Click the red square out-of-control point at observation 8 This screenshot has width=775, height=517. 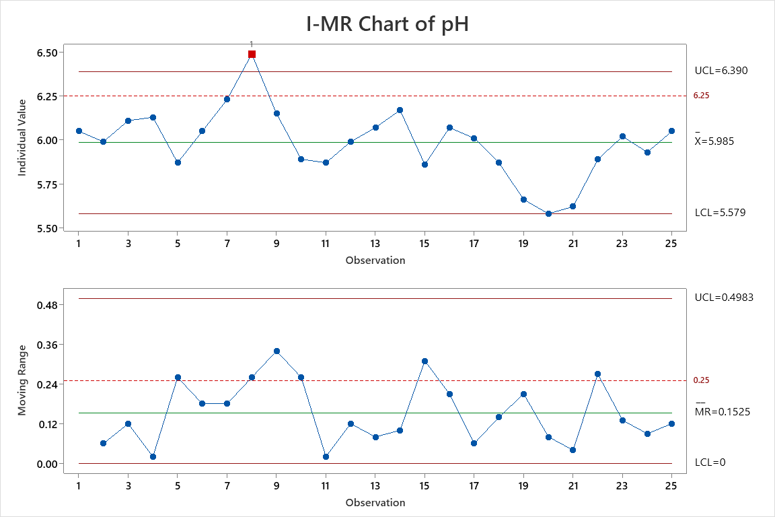click(x=252, y=54)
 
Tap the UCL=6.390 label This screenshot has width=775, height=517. click(x=721, y=70)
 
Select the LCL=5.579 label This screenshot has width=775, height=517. click(x=720, y=213)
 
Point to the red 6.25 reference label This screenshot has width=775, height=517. click(x=702, y=96)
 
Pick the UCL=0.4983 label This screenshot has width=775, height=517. click(x=724, y=297)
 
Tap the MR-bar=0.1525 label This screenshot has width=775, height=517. click(x=723, y=411)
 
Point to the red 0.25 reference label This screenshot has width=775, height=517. click(x=701, y=380)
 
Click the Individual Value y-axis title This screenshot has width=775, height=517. click(x=22, y=137)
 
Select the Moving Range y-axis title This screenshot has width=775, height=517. click(x=22, y=380)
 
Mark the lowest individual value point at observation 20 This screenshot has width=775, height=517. click(x=548, y=213)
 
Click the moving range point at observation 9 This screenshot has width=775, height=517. click(x=276, y=351)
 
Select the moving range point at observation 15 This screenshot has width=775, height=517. click(x=425, y=361)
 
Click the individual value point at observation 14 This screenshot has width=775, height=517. click(x=400, y=110)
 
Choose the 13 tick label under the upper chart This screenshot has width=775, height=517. click(x=375, y=243)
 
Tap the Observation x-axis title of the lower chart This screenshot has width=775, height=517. click(x=375, y=502)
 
